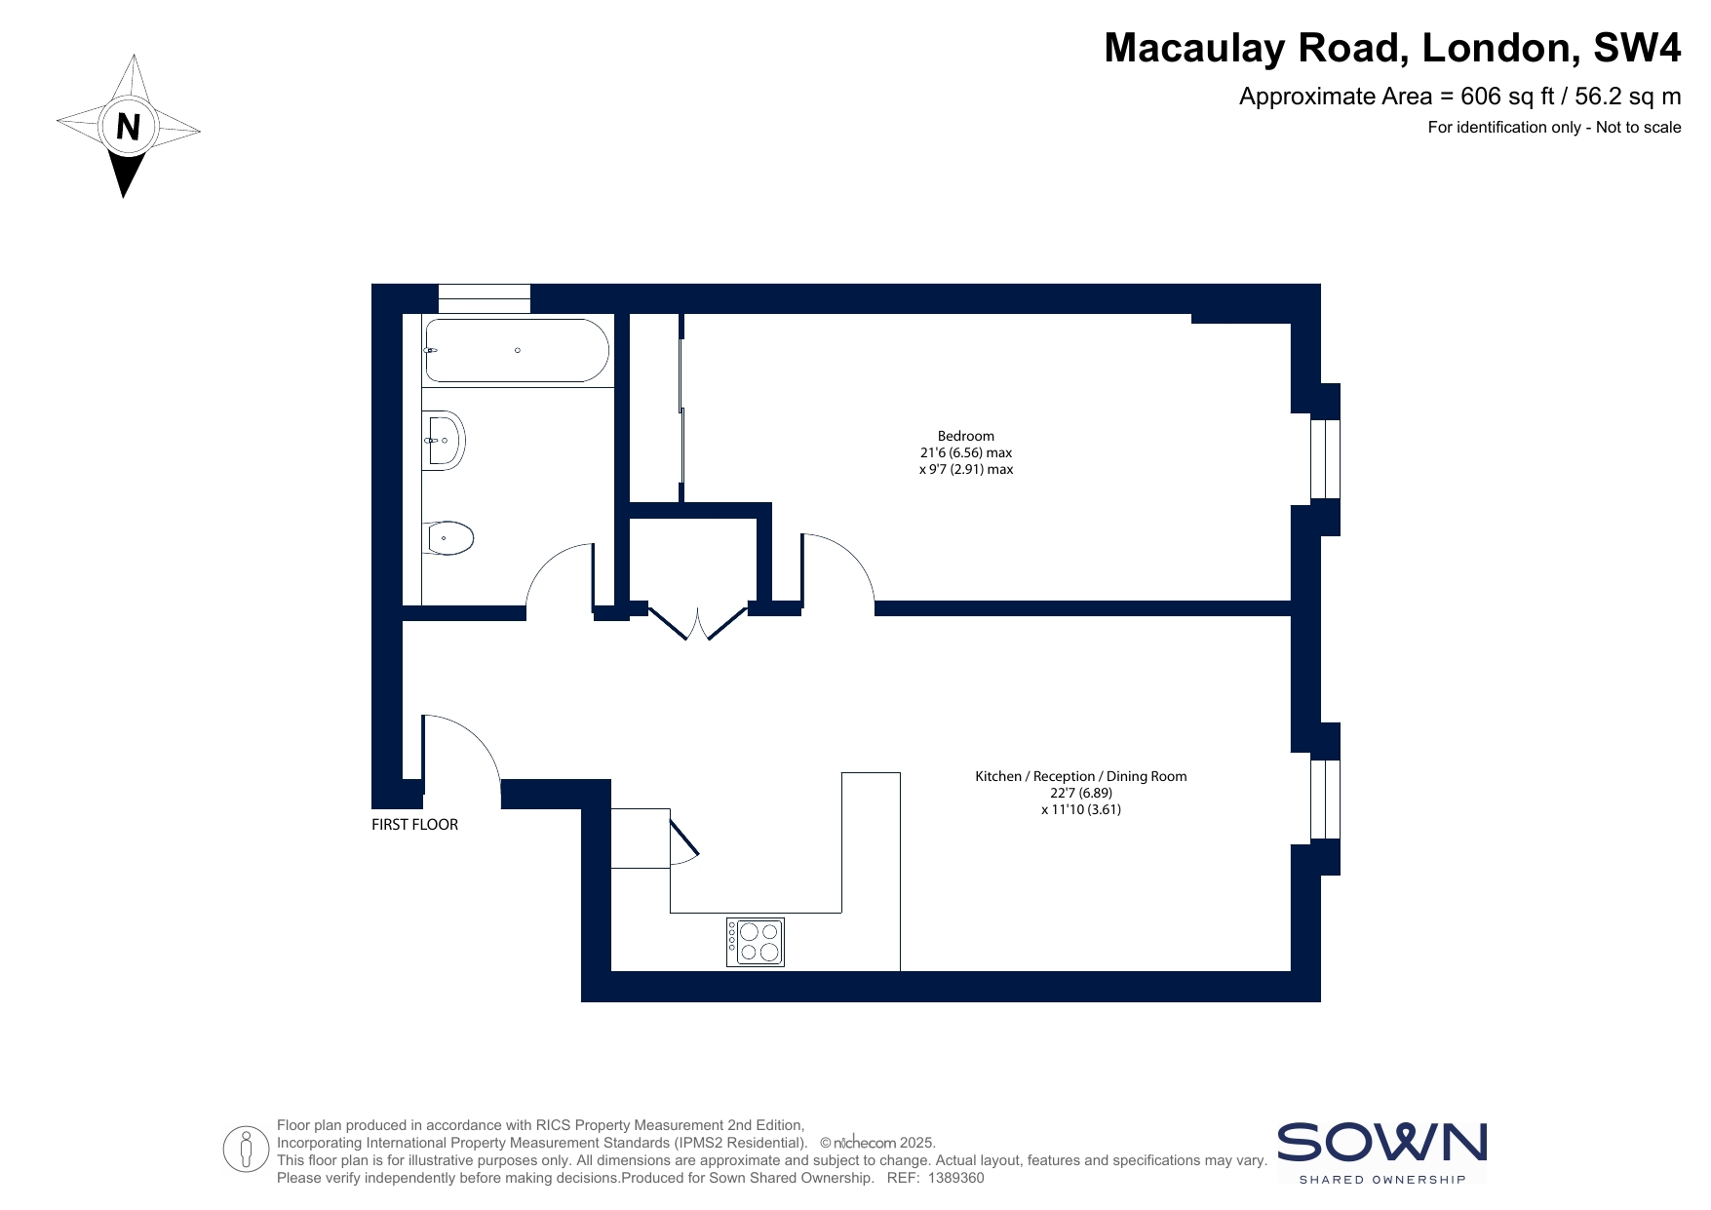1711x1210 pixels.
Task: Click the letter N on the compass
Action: click(128, 127)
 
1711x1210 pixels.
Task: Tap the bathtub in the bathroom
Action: click(517, 350)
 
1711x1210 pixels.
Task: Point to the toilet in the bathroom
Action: click(448, 538)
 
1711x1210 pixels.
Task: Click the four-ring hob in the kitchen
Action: click(756, 942)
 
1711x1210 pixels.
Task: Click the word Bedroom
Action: click(966, 436)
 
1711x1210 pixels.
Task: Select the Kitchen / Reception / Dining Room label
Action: click(1081, 776)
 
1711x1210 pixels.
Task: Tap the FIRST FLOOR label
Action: click(414, 824)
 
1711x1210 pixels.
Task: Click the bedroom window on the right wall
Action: click(1325, 459)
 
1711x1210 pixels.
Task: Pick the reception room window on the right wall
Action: click(1325, 800)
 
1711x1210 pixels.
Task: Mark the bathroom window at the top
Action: click(484, 298)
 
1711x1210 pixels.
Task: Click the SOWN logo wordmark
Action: click(1381, 1143)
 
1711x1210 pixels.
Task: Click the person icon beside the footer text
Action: click(246, 1149)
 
